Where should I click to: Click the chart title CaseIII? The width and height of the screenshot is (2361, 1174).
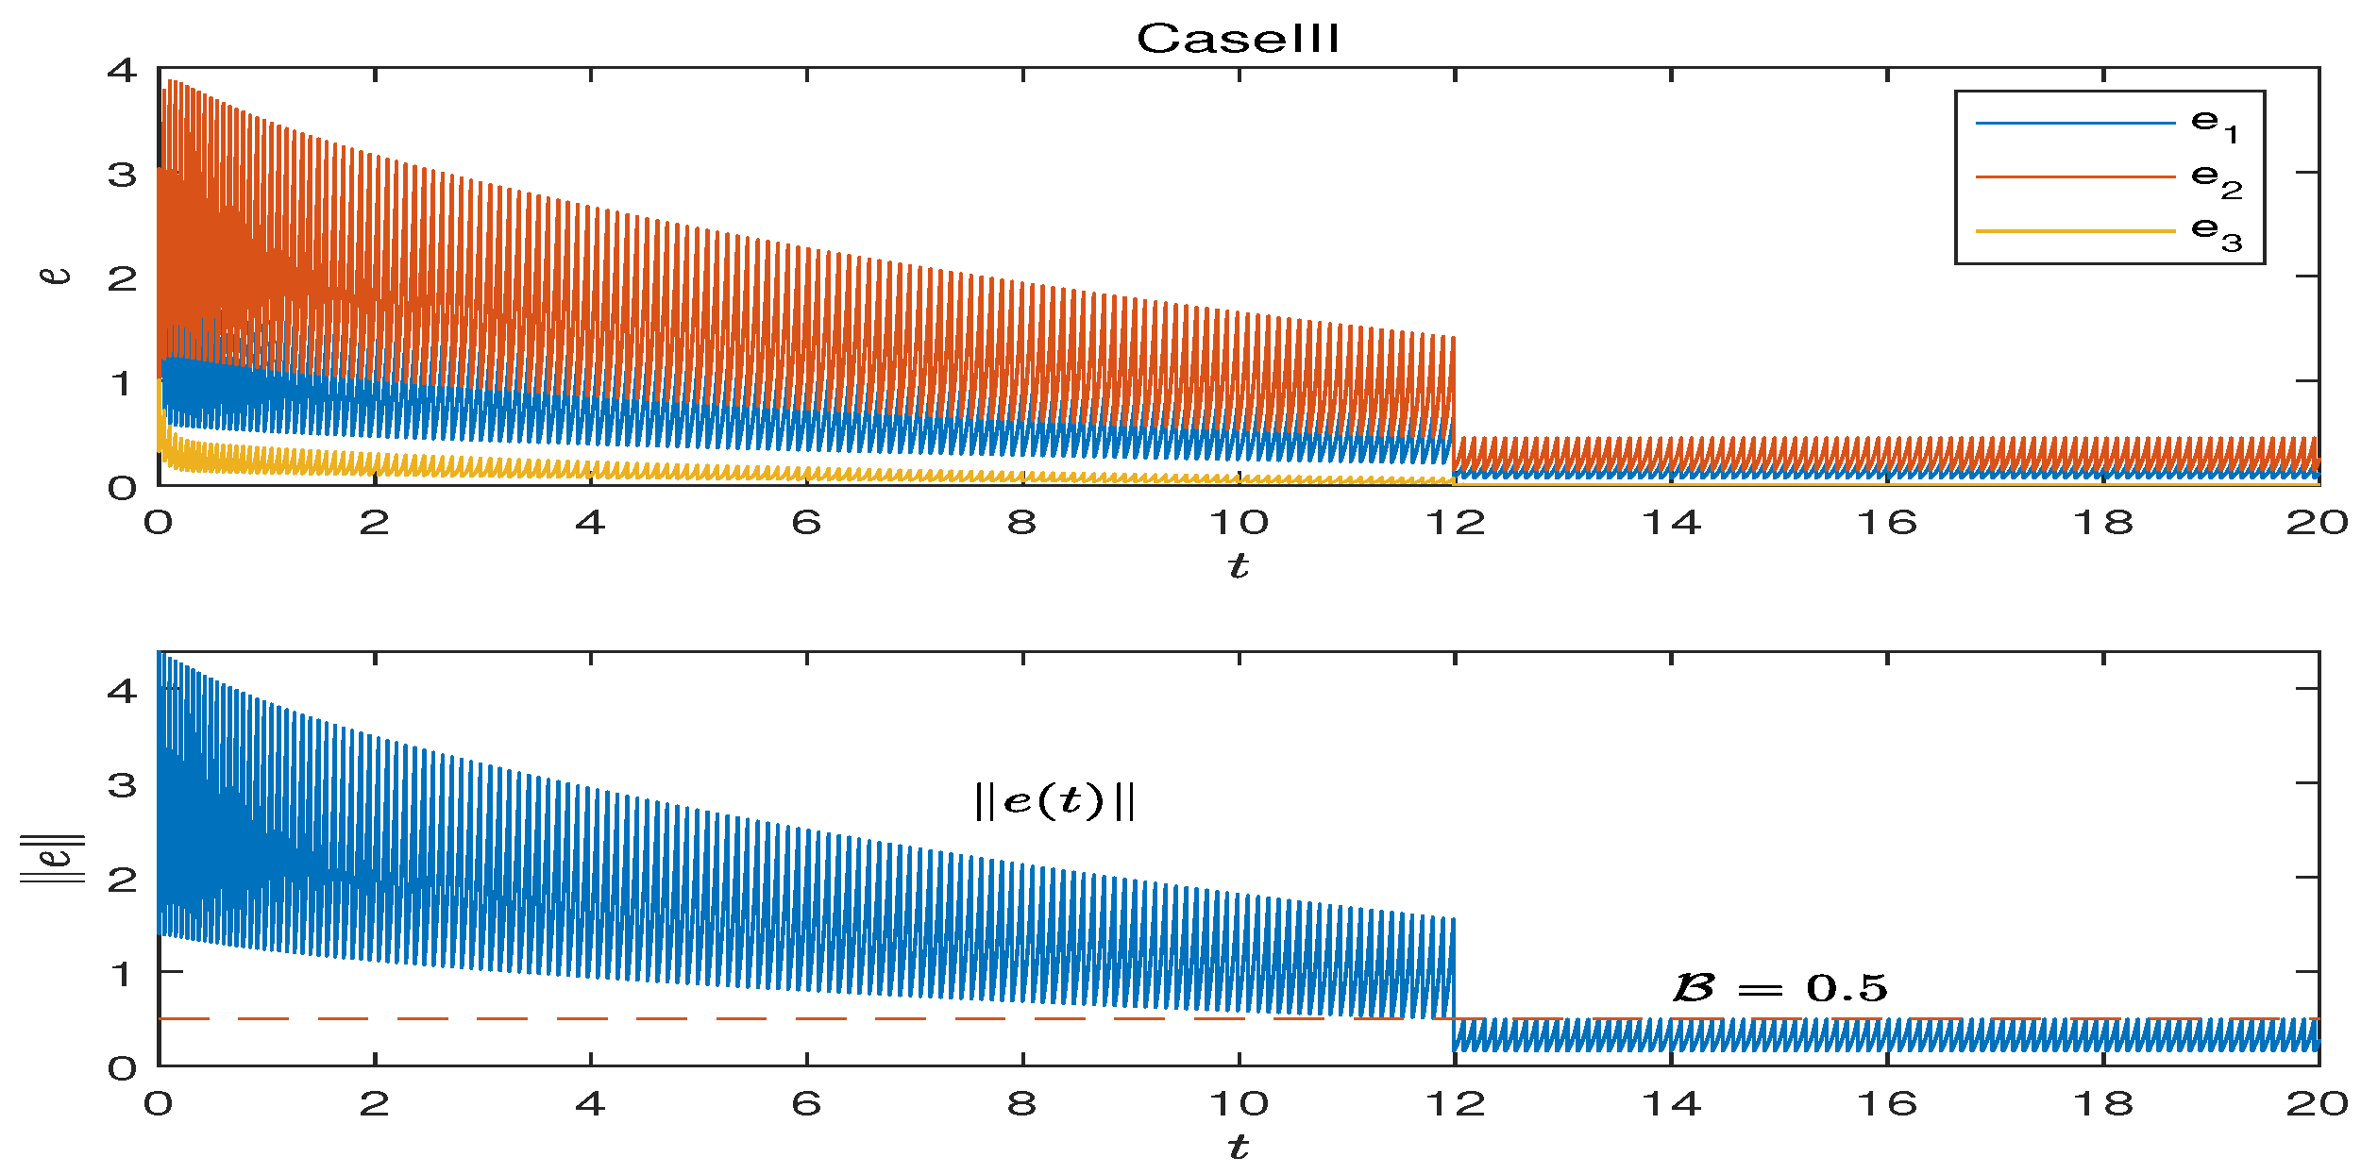(x=1238, y=39)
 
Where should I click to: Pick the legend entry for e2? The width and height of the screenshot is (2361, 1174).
(x=2108, y=177)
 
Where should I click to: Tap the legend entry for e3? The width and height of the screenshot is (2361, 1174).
(x=2108, y=231)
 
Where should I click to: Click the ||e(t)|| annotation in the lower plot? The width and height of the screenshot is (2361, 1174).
(x=1054, y=801)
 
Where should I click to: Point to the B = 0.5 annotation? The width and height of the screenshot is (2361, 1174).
(x=1779, y=987)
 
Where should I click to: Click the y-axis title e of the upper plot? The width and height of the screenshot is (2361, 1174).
(x=57, y=275)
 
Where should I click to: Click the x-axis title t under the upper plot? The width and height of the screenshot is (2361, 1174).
(x=1238, y=565)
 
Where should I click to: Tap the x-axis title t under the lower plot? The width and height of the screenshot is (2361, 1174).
(x=1238, y=1147)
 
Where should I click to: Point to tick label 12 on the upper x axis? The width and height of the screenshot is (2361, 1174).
(x=1455, y=522)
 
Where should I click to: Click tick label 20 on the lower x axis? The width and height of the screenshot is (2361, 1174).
(x=2317, y=1103)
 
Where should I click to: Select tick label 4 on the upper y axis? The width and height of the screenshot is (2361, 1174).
(x=123, y=70)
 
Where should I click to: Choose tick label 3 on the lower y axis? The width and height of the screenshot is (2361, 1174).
(x=123, y=784)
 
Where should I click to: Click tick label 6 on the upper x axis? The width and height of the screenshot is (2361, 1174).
(x=806, y=522)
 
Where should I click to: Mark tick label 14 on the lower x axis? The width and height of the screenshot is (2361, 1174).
(x=1671, y=1103)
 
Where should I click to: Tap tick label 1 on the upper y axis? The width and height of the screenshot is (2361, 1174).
(x=121, y=383)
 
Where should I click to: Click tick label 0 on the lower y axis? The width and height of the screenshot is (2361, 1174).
(x=123, y=1068)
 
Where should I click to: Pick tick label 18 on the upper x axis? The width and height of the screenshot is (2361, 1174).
(x=2103, y=522)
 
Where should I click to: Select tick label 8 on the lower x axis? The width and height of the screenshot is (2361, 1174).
(x=1022, y=1103)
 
